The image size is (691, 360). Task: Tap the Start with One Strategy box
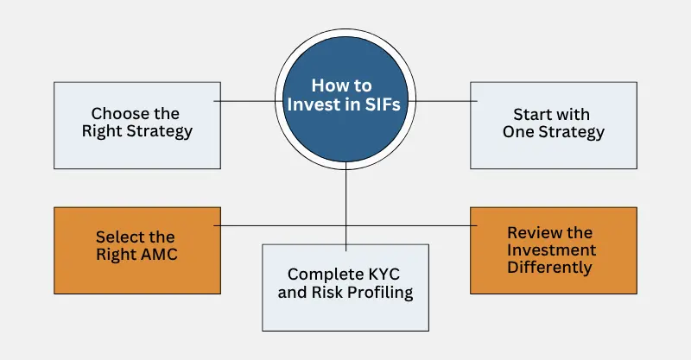(554, 124)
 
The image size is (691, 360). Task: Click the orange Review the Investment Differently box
(554, 249)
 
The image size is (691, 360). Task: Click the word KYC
(381, 274)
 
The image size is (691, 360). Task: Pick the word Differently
(550, 268)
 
